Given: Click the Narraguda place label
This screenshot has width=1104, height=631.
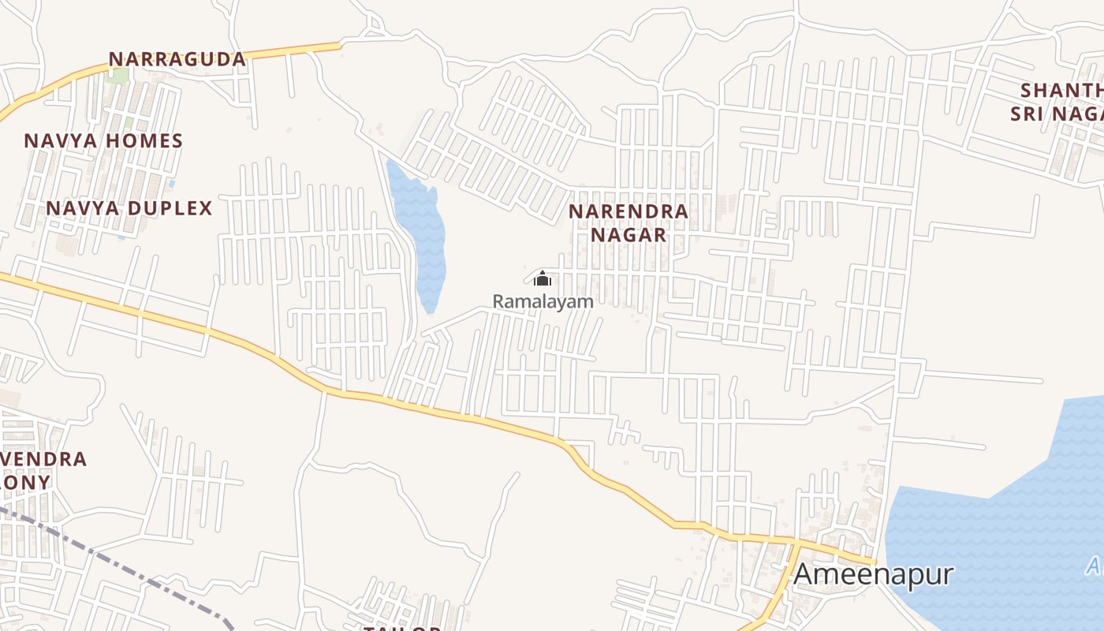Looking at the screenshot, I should (x=177, y=59).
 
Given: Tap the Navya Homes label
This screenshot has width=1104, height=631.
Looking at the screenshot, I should (x=103, y=141).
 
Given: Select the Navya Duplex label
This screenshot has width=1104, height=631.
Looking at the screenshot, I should (x=129, y=208).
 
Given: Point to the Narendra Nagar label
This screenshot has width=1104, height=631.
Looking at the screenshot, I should (x=628, y=223).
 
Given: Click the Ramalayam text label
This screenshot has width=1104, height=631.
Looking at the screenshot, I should (x=543, y=301).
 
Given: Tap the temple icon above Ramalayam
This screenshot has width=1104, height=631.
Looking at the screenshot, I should (x=543, y=278).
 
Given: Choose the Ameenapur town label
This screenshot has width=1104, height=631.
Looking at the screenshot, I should (x=873, y=574).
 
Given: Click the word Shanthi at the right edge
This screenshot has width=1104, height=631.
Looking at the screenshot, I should (x=1061, y=90).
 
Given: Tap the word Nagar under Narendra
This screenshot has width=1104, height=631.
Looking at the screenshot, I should (x=628, y=235).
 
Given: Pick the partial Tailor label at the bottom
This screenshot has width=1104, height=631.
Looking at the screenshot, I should (x=402, y=628).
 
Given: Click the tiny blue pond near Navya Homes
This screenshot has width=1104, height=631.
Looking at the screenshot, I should (x=171, y=184).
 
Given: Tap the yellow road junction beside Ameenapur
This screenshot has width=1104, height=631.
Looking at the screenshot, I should (x=796, y=544).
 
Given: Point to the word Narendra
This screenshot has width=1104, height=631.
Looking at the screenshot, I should (x=628, y=211).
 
